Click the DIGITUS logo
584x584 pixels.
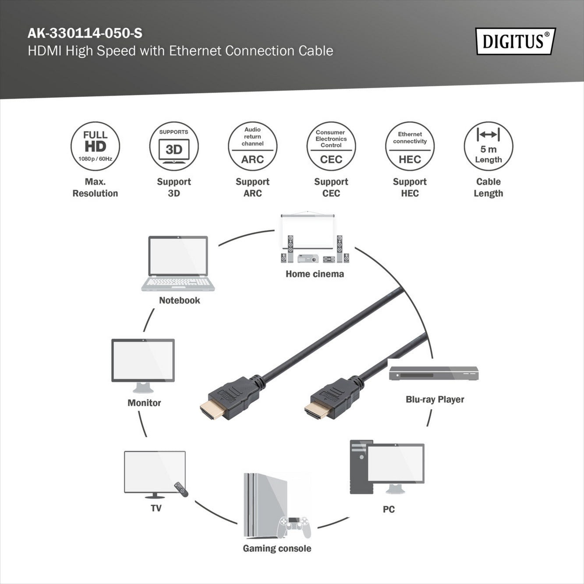tap(515, 41)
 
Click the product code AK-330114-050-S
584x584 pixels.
tap(85, 33)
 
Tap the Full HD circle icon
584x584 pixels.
tap(95, 146)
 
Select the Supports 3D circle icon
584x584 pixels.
tap(174, 146)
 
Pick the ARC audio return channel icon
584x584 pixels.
tap(252, 146)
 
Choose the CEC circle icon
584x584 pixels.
tap(331, 146)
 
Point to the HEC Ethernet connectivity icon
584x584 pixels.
tap(410, 146)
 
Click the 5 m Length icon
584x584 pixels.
tap(488, 146)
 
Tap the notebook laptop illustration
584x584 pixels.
tap(178, 263)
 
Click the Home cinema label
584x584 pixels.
tap(315, 274)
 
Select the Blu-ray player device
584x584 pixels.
tap(434, 373)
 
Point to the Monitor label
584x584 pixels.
tap(144, 403)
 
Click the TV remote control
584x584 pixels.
tap(181, 489)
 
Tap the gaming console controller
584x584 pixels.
tap(295, 526)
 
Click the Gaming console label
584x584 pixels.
tap(277, 549)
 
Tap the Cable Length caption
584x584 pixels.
tap(488, 188)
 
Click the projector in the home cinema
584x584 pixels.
tap(308, 258)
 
